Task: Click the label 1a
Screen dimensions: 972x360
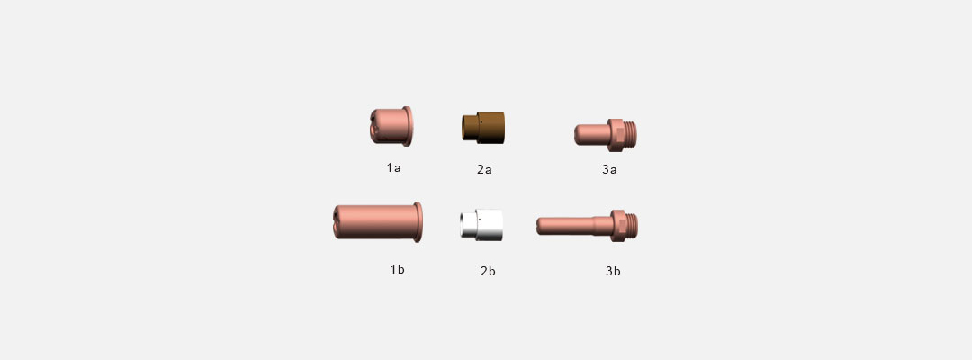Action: pos(393,167)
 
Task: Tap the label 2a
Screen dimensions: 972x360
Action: pos(484,169)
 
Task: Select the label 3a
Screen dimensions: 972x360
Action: pos(609,169)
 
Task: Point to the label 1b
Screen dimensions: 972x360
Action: pos(398,269)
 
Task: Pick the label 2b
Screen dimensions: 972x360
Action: pos(488,271)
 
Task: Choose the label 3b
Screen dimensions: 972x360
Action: pos(613,271)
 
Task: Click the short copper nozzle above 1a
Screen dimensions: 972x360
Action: pos(391,126)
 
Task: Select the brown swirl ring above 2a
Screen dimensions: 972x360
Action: pos(483,128)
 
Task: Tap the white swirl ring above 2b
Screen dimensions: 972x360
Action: pos(481,225)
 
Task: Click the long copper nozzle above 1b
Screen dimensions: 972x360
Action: pos(378,221)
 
